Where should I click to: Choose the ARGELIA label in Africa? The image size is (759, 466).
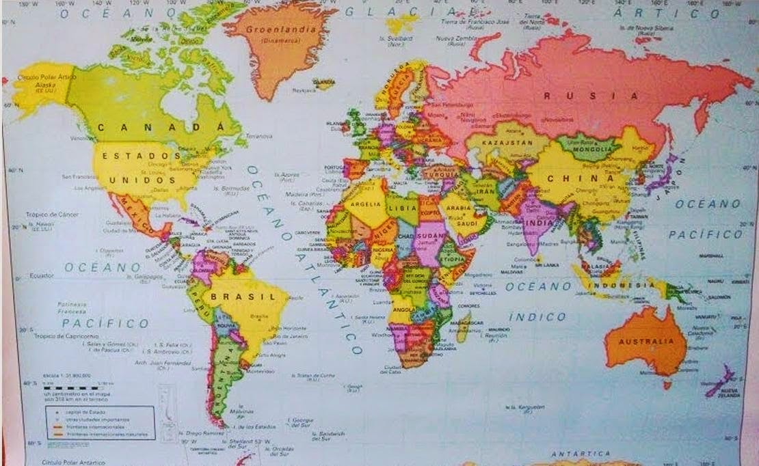point(364,204)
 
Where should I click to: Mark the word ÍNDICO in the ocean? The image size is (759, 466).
point(537,317)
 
